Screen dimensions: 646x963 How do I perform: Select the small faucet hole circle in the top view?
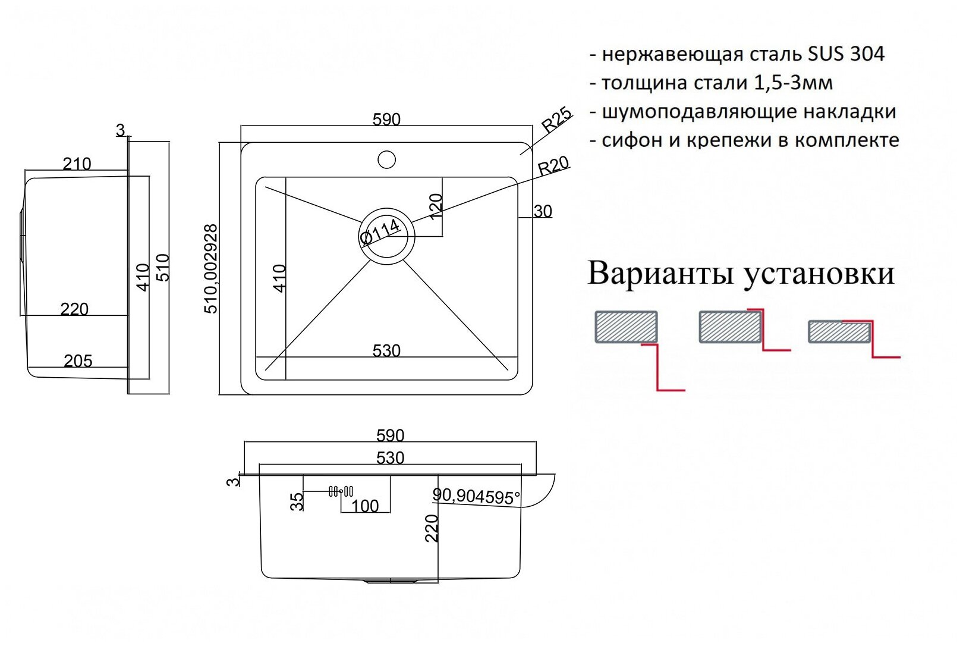(x=386, y=159)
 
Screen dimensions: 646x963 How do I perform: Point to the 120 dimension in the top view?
(x=436, y=206)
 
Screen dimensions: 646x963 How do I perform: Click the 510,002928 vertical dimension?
(x=211, y=269)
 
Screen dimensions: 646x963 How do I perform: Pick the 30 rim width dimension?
(x=543, y=211)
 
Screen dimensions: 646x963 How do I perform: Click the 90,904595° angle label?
(x=477, y=496)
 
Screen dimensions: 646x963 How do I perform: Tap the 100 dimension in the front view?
(x=365, y=506)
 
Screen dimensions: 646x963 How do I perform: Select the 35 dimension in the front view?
(x=297, y=501)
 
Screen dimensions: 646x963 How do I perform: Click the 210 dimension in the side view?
(x=77, y=164)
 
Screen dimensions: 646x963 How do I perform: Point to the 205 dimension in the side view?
(x=78, y=361)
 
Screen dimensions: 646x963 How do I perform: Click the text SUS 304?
(x=846, y=54)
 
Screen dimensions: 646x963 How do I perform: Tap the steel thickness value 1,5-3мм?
(x=793, y=83)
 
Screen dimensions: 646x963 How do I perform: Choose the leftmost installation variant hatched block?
(x=626, y=327)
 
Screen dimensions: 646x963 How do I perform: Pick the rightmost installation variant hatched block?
(x=839, y=332)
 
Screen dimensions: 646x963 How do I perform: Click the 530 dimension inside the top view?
(x=386, y=350)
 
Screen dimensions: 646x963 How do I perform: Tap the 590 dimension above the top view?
(x=386, y=120)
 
